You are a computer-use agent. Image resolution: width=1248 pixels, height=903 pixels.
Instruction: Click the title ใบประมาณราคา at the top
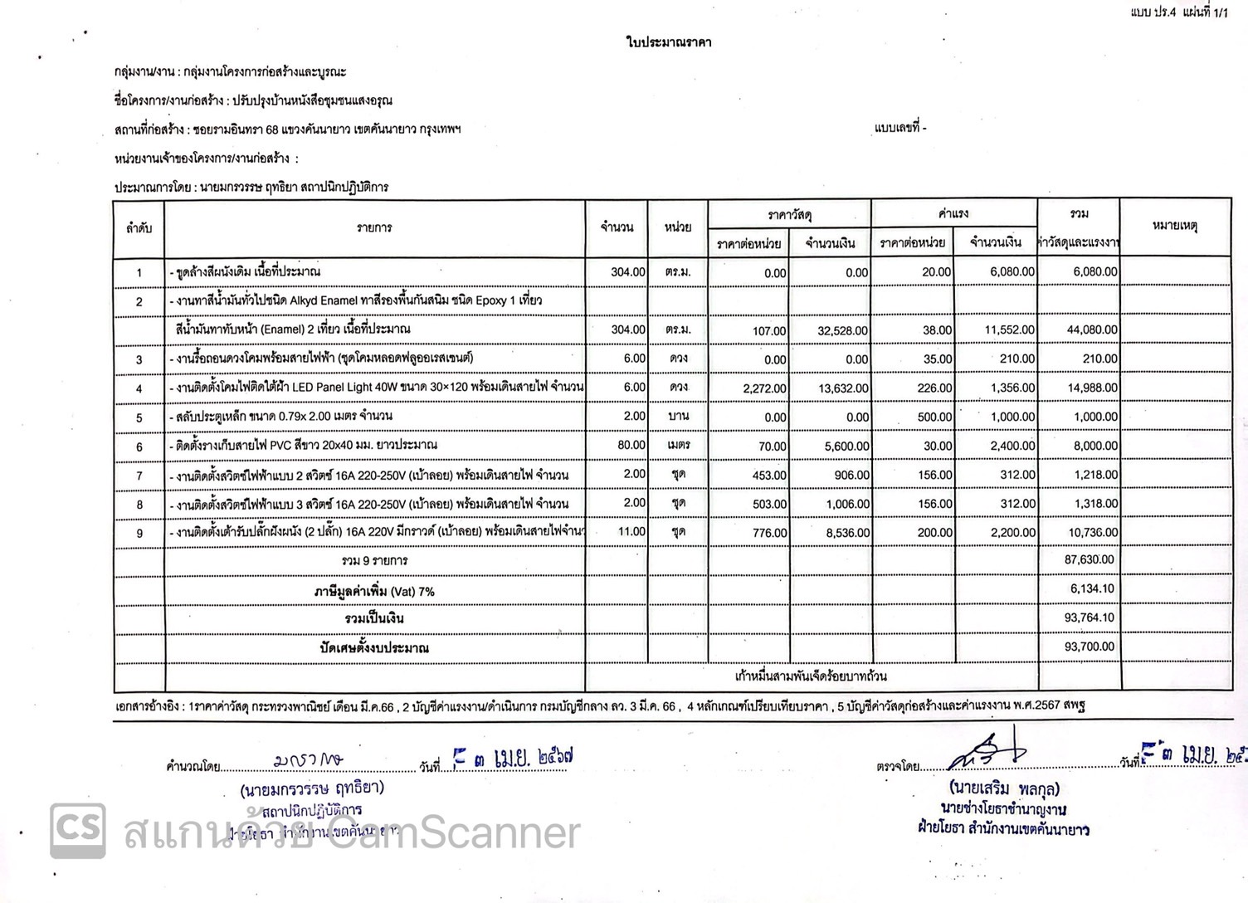tap(669, 41)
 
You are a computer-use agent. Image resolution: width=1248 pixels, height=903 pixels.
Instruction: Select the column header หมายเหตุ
tap(1174, 226)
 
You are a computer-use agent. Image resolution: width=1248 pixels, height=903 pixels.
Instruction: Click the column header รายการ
tap(374, 227)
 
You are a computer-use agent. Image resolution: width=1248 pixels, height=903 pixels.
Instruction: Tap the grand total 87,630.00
tap(1090, 560)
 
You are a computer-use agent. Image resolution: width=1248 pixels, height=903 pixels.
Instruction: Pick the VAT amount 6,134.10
tap(1092, 588)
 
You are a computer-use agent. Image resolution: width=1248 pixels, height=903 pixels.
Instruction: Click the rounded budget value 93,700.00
tap(1090, 647)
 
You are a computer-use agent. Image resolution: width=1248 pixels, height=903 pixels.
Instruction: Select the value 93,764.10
tap(1090, 617)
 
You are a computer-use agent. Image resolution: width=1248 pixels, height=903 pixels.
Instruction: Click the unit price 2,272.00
tap(764, 388)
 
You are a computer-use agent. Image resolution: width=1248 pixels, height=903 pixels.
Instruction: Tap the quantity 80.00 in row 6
tap(631, 445)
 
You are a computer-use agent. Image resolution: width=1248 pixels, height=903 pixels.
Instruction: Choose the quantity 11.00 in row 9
tap(631, 532)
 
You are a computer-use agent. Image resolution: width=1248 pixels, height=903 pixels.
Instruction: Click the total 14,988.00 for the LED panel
tap(1092, 388)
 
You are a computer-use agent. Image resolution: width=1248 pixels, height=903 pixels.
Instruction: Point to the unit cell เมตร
tap(678, 445)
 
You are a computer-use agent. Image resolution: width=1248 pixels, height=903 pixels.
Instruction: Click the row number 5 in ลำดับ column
tap(139, 417)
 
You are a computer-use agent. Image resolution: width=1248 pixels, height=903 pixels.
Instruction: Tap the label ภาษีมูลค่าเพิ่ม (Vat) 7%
tap(374, 592)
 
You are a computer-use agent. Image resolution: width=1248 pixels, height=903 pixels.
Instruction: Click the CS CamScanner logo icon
tap(78, 830)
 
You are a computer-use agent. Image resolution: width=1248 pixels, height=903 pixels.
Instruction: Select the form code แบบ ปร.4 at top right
tap(1153, 12)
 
